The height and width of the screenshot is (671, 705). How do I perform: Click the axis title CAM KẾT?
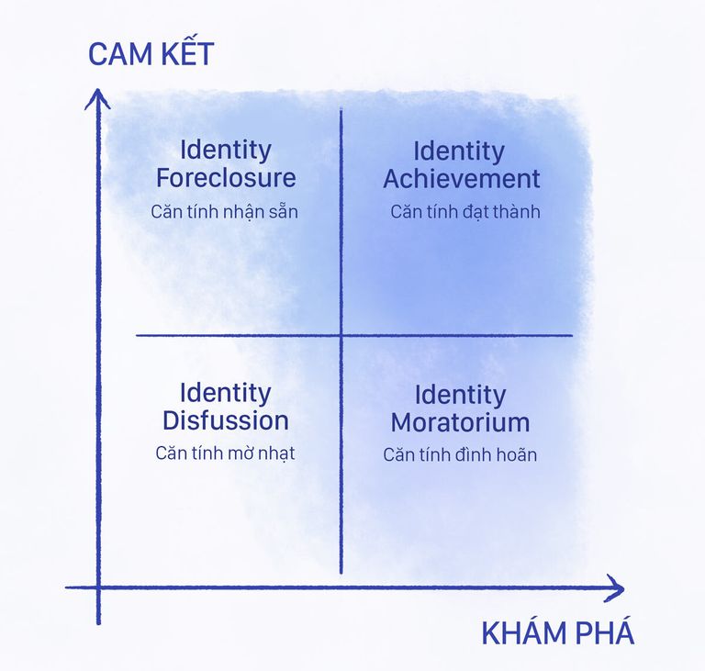[x=151, y=53]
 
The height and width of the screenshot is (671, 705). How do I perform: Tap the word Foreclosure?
[x=226, y=178]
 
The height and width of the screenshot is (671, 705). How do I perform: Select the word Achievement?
[x=462, y=179]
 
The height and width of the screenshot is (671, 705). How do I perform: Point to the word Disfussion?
[x=226, y=420]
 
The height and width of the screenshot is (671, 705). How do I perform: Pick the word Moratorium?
[x=461, y=423]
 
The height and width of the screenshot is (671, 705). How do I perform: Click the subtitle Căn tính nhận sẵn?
[x=224, y=212]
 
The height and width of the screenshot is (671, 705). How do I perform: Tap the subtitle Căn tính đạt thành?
[x=465, y=212]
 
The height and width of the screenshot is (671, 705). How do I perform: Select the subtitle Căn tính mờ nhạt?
[x=225, y=453]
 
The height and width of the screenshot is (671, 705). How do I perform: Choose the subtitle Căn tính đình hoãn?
[x=460, y=454]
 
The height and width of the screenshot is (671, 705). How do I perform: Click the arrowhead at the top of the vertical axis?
[x=97, y=90]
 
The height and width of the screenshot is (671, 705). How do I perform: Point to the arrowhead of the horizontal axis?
[x=623, y=588]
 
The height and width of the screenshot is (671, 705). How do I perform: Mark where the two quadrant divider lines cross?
[x=341, y=335]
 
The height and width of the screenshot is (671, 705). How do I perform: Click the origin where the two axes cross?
[x=98, y=587]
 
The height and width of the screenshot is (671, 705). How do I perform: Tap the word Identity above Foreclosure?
[x=226, y=151]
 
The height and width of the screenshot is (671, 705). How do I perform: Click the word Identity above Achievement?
[x=459, y=152]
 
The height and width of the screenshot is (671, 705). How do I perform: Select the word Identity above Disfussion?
[x=226, y=394]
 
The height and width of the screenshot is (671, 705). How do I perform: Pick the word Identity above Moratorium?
[x=461, y=396]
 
